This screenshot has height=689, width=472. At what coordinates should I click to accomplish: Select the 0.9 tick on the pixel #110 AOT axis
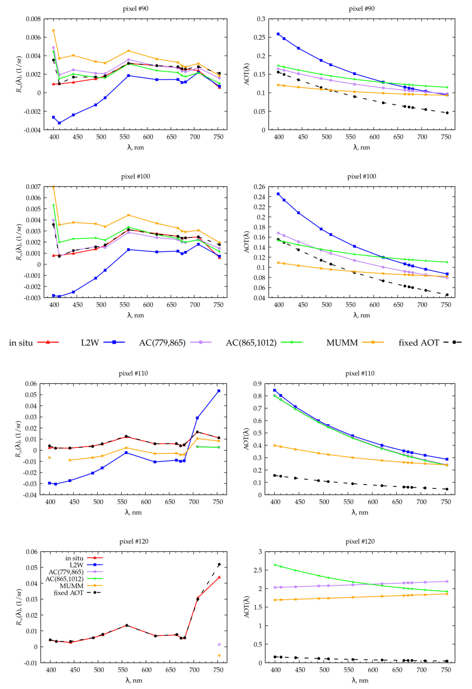[257, 384]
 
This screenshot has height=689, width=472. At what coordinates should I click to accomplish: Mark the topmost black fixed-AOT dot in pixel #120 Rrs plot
[219, 565]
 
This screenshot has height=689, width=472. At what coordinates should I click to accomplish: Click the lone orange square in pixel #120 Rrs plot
[219, 656]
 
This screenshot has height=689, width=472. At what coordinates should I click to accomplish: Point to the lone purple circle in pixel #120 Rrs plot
[219, 645]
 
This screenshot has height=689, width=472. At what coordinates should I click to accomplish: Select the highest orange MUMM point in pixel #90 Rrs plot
[53, 30]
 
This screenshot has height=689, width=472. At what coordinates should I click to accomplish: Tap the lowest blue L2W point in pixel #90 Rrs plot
[59, 123]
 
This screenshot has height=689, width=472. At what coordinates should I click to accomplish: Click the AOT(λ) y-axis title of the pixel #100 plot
[247, 242]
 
